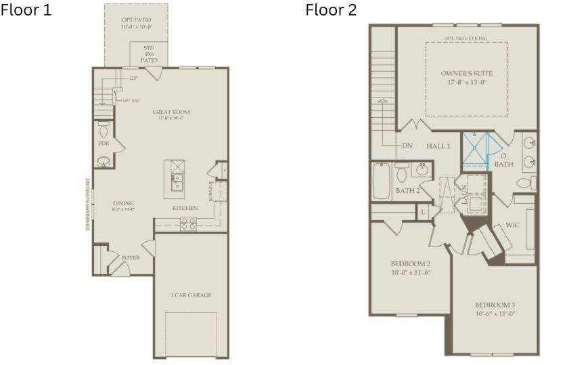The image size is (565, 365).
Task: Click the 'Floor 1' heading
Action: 26,10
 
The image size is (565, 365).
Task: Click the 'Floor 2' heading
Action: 331,10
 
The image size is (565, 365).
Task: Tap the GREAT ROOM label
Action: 171,112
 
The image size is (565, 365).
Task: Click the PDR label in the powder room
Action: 104,144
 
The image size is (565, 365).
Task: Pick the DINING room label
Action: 124,203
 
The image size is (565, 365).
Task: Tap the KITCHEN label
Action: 185,208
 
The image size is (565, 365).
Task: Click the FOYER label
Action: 131,258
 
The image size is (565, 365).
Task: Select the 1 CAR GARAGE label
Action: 191,295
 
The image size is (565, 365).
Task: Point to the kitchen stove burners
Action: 188,223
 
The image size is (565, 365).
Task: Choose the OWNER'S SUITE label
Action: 466,72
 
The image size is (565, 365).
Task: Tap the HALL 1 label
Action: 438,146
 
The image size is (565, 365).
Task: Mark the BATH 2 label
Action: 409,191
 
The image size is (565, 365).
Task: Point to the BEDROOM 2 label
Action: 411,267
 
